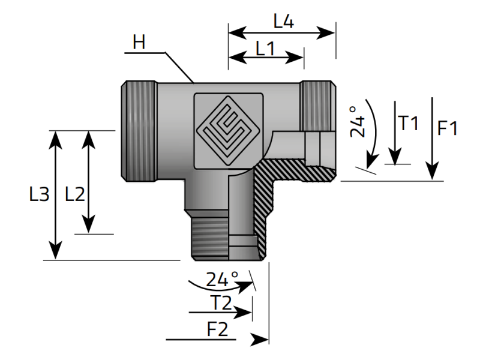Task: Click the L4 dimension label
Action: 283,22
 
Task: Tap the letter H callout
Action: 139,42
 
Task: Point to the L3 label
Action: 38,194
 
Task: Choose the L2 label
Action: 75,194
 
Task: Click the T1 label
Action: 409,123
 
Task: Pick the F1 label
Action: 448,128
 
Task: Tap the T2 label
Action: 221,304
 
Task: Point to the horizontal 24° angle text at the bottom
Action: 222,279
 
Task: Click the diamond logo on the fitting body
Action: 228,128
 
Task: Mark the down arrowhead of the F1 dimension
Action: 432,173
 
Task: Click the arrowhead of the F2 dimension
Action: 260,340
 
